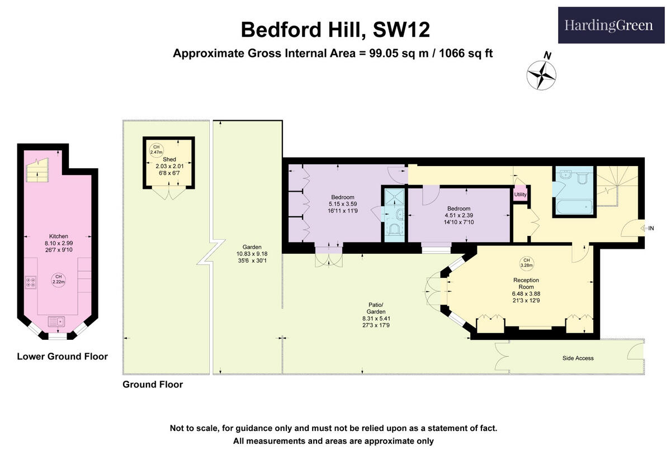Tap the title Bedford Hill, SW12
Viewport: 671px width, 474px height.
click(335, 30)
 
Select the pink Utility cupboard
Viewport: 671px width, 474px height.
click(521, 195)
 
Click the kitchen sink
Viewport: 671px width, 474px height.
click(57, 321)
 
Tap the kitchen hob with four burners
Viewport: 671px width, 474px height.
click(31, 282)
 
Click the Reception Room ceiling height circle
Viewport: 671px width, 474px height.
click(526, 262)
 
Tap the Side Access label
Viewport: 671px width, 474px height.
click(578, 358)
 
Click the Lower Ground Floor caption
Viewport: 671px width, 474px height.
click(62, 356)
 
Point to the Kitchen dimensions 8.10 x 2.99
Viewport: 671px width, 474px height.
click(59, 243)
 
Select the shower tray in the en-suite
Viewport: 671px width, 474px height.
click(395, 196)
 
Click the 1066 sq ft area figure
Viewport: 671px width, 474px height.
click(466, 54)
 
